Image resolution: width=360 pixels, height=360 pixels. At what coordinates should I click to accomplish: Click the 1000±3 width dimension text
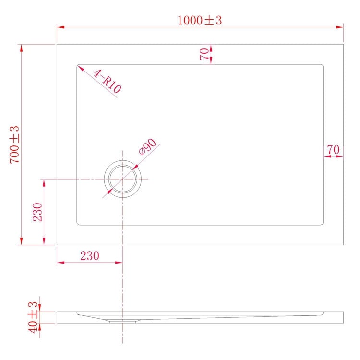tap(200, 20)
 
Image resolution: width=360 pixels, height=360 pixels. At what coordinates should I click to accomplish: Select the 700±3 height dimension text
tap(14, 144)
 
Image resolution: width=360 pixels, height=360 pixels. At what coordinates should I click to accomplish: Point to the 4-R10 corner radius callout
tap(108, 81)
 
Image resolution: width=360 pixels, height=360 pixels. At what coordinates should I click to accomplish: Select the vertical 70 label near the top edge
tap(204, 54)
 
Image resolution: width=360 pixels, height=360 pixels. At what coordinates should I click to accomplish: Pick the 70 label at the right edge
tap(333, 150)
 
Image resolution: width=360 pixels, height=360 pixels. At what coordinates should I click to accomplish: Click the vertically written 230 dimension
tap(38, 212)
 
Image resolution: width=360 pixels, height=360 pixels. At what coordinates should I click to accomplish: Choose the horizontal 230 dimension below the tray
tap(89, 256)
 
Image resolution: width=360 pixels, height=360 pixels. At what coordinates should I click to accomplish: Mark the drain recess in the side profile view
tap(123, 320)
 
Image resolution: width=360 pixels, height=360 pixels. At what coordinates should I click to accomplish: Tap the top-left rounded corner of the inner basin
tap(79, 66)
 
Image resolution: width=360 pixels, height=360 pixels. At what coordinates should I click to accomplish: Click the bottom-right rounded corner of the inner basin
tap(322, 223)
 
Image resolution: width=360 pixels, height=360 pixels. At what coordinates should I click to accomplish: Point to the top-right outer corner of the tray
tap(344, 45)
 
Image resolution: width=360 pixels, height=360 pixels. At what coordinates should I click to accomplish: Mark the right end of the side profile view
tap(343, 317)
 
